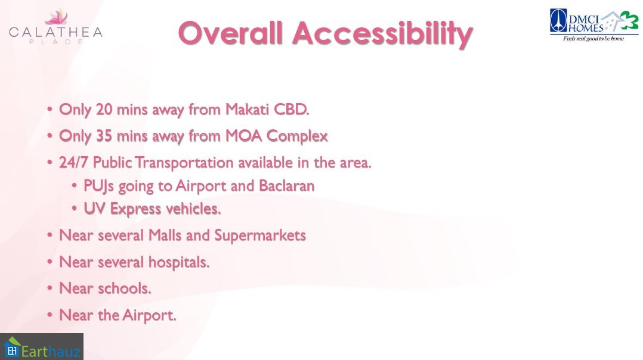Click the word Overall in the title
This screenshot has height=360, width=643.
tap(231, 33)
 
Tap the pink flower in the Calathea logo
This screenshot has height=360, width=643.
tap(56, 17)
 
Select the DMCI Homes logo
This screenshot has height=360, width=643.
tap(594, 26)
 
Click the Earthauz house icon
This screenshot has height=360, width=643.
tap(12, 347)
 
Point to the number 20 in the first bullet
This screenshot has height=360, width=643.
tap(104, 109)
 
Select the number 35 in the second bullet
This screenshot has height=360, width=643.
tap(104, 136)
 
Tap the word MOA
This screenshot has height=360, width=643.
tap(243, 136)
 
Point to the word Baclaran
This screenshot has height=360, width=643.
tap(287, 186)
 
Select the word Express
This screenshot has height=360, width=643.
tap(135, 209)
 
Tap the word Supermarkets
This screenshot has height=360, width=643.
tap(260, 236)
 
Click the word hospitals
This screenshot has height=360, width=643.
tap(179, 262)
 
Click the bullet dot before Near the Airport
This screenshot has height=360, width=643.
tap(50, 315)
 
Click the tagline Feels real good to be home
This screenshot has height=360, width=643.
tap(593, 39)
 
